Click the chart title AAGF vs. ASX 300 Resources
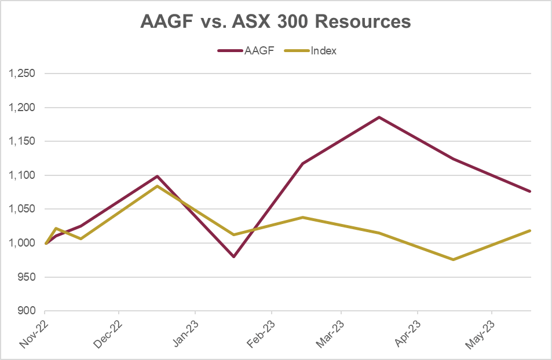point(276,21)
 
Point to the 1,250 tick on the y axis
point(23,74)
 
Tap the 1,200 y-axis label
point(23,108)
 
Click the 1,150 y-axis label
point(23,141)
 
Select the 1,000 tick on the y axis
point(23,243)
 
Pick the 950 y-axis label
point(27,277)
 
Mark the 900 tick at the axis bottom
point(27,311)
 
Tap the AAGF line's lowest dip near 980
point(233,256)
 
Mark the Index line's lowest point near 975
point(453,259)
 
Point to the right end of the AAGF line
point(531,191)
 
